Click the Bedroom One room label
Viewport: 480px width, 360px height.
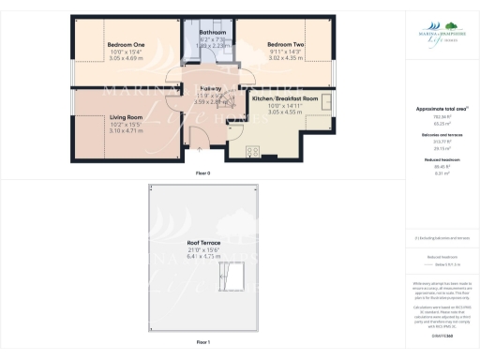click(x=126, y=45)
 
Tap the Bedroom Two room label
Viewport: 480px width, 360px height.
click(x=285, y=45)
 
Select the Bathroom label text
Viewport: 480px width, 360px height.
click(x=213, y=32)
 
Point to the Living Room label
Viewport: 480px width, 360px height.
click(x=126, y=117)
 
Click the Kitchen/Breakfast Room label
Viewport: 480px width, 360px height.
click(x=286, y=98)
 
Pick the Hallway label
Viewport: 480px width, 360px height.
click(x=210, y=88)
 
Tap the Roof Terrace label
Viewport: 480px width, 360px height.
click(x=203, y=242)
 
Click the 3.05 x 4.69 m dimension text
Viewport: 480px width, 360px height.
click(x=126, y=58)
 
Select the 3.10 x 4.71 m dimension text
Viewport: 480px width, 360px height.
click(x=126, y=131)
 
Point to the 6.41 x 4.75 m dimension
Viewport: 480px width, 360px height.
click(x=203, y=255)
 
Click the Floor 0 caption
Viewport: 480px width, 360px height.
click(x=203, y=174)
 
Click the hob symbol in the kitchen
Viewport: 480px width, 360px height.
click(x=253, y=150)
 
